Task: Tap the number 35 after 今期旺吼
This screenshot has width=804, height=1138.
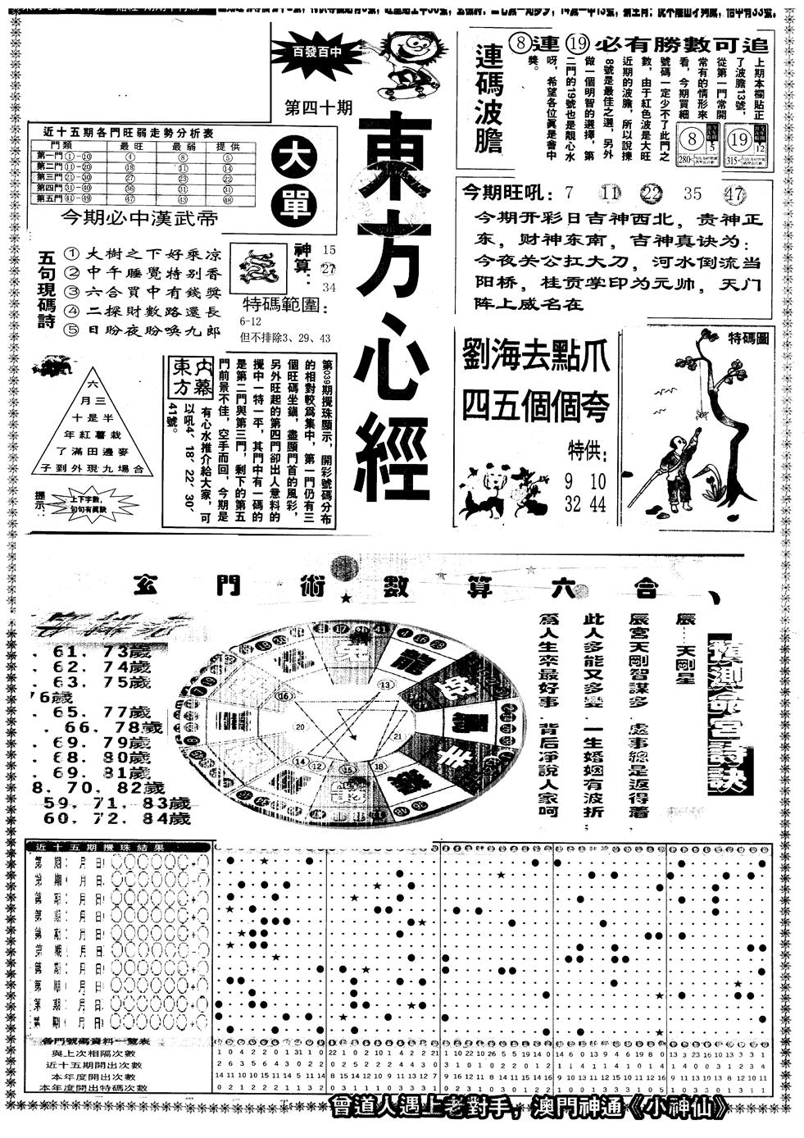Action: (x=693, y=193)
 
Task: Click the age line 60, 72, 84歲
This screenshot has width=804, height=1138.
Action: (x=117, y=817)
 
